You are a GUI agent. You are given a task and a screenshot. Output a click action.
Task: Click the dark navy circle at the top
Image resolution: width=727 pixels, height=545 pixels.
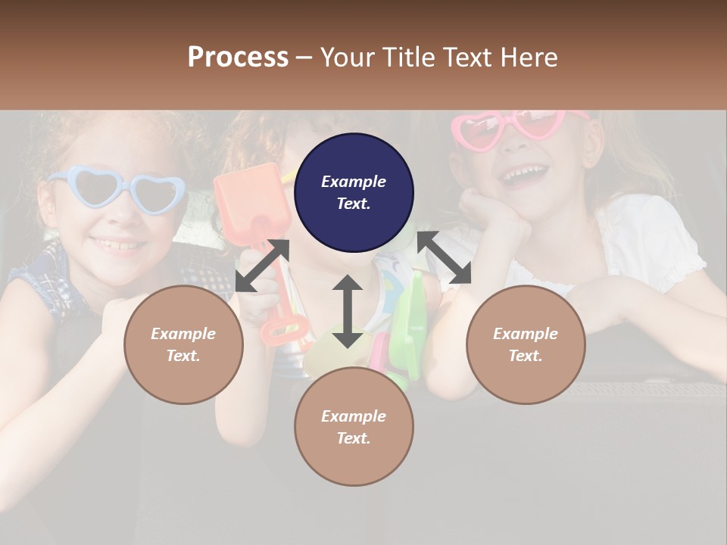coord(354,192)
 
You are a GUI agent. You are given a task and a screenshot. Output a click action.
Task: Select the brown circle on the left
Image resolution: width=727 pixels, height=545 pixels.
coord(183,344)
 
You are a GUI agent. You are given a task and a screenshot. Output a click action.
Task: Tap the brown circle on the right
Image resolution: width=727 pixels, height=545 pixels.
coord(526,344)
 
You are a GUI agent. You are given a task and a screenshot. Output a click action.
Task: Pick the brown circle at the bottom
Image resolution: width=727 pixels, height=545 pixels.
coord(354,427)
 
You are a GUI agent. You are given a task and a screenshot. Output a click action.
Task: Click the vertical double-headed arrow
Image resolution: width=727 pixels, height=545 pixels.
coord(348,311)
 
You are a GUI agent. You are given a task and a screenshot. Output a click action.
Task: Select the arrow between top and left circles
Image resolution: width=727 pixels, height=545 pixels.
coord(262,266)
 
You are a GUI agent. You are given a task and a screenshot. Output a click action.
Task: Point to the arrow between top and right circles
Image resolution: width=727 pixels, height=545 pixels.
coord(444,258)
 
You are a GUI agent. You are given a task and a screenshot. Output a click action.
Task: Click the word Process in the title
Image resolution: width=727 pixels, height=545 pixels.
coord(238,57)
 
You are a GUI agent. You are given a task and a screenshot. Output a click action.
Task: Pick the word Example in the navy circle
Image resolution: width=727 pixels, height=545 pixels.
coord(354,182)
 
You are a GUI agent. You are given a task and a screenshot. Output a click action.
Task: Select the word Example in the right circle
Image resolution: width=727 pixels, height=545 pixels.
coord(526,334)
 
